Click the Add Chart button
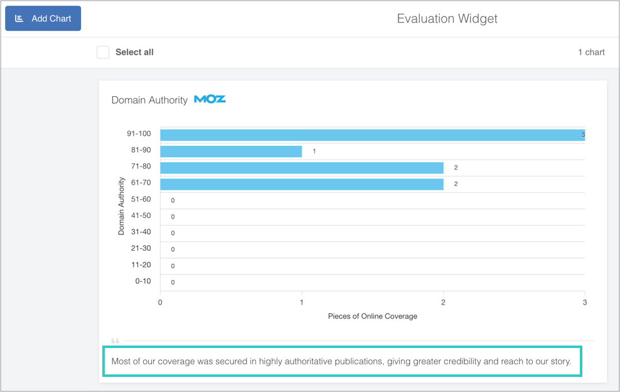click(43, 19)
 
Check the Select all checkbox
click(103, 52)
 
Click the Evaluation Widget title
click(447, 19)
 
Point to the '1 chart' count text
click(591, 52)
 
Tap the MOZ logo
click(210, 99)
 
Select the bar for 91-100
click(372, 134)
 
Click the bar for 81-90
click(231, 151)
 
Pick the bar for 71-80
click(302, 168)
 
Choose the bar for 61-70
click(302, 184)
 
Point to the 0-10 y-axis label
click(143, 281)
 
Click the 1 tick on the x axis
click(302, 302)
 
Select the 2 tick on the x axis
click(444, 302)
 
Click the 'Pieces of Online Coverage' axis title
click(372, 316)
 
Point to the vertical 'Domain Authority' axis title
click(122, 206)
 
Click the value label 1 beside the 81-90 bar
click(314, 151)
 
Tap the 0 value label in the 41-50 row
click(173, 217)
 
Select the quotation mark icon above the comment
click(115, 341)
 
